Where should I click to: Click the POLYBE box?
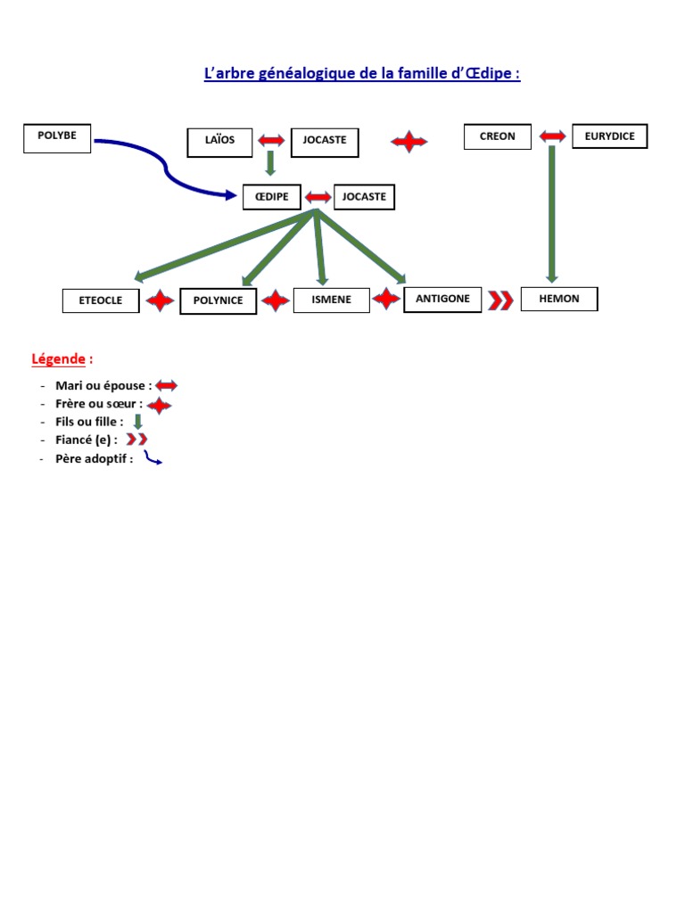(57, 138)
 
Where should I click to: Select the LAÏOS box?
(220, 142)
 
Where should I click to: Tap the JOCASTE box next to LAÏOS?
(325, 142)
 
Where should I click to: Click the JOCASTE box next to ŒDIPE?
(364, 197)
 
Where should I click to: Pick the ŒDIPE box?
(271, 197)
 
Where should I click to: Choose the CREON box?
(498, 137)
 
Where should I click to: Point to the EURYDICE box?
(610, 136)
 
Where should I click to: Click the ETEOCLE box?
(101, 301)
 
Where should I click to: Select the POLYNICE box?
(219, 301)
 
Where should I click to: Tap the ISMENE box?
(331, 300)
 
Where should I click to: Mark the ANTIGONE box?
(442, 299)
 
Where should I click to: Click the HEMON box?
(559, 299)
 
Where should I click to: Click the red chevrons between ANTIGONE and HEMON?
(501, 300)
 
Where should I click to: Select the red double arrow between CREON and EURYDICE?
(552, 136)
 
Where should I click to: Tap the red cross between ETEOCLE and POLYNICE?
(161, 301)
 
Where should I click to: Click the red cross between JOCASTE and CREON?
(409, 141)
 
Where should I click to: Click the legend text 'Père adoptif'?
(94, 459)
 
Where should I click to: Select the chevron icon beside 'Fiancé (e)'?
(136, 440)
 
